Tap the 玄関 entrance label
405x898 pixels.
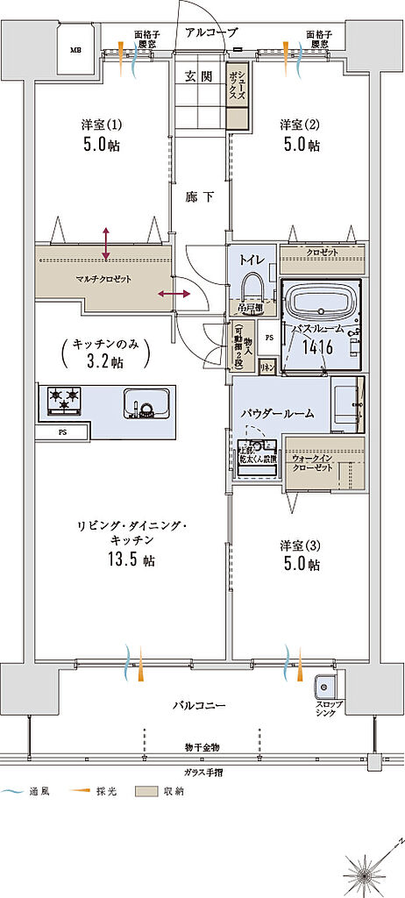(x=198, y=76)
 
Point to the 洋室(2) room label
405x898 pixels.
(x=299, y=123)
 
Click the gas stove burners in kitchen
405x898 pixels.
(x=62, y=402)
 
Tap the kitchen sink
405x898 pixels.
(x=143, y=404)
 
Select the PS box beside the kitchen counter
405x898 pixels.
(x=62, y=432)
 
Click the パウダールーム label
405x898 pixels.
(x=279, y=412)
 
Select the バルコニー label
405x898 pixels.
(x=199, y=704)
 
